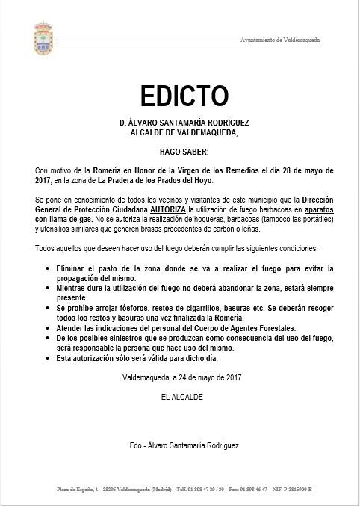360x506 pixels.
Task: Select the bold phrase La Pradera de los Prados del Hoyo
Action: [x=154, y=180]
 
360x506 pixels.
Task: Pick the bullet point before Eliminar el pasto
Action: [x=49, y=268]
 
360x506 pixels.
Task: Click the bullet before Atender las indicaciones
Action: [x=49, y=327]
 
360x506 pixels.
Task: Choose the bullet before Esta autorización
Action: [x=49, y=359]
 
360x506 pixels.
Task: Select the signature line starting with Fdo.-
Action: [x=184, y=445]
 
